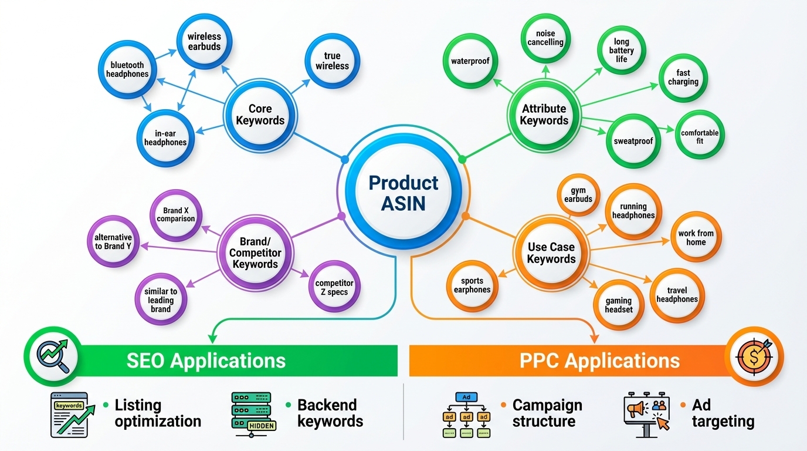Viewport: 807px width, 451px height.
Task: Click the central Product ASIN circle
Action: pos(403,192)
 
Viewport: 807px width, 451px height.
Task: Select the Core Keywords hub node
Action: pos(260,115)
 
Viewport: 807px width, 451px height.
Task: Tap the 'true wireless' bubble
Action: pos(332,61)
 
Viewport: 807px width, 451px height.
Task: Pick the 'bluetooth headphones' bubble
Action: pos(127,69)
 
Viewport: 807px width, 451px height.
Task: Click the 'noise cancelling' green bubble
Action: pos(545,38)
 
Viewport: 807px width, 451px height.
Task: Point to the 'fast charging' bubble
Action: pos(683,78)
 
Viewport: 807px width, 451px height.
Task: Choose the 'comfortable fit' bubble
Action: pos(699,137)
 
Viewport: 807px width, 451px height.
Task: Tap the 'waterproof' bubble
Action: pos(470,61)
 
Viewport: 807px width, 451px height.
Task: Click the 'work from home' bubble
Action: pos(696,237)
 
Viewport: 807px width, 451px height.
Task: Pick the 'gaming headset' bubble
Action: pos(619,305)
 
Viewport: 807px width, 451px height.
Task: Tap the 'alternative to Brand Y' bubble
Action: pos(113,241)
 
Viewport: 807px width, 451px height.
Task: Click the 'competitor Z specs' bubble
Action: pos(334,287)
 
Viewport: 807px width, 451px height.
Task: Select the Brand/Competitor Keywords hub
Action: pos(255,253)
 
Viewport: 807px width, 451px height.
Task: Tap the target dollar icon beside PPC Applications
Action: pos(754,356)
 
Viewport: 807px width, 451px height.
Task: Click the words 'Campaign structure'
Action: pos(547,413)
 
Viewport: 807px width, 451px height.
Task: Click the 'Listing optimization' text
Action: pos(157,413)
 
